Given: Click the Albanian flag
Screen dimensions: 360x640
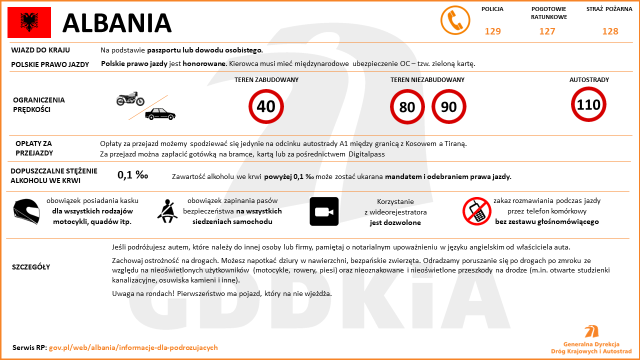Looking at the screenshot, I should [29, 22].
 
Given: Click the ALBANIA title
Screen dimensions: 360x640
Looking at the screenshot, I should [117, 23].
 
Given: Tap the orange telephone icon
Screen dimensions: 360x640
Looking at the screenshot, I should [455, 20].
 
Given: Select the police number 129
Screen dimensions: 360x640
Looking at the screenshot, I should [492, 31].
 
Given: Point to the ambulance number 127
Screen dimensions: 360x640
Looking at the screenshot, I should [547, 31].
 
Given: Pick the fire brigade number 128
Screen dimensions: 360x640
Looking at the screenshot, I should [610, 31].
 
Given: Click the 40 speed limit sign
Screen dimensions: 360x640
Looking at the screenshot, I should [266, 106].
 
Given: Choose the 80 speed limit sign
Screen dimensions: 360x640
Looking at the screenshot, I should [407, 106].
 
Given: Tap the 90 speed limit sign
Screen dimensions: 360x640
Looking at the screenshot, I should [449, 106].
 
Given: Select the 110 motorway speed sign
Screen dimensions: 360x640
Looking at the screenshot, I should [588, 104].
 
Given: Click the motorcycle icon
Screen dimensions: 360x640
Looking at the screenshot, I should [130, 99].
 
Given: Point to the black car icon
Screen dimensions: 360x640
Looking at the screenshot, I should [160, 114].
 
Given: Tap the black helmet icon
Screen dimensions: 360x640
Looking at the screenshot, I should [26, 211].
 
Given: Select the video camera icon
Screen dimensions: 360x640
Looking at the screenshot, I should [324, 211].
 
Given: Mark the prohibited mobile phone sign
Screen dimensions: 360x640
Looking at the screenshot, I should [476, 211].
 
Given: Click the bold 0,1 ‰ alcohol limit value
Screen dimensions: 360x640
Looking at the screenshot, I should [133, 175].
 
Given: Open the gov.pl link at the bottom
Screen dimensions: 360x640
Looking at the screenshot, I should [133, 347].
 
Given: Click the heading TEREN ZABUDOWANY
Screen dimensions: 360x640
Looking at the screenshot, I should [266, 80].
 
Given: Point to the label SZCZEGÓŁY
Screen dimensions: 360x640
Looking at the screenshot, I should [31, 267].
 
